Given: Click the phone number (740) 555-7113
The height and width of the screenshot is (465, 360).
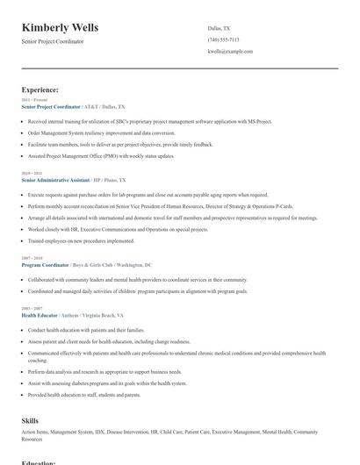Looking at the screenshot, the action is coord(223,39).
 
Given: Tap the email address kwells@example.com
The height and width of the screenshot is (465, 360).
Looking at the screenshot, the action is coord(230,52).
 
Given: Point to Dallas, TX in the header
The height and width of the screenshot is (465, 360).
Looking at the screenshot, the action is coord(220,28).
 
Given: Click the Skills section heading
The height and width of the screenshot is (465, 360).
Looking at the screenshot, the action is coord(30,421).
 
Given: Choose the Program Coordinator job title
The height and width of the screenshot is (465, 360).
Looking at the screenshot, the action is coord(46,264).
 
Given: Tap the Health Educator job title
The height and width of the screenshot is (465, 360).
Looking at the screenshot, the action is coord(40,314).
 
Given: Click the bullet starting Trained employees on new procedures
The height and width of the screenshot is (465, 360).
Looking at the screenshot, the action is coord(81,240).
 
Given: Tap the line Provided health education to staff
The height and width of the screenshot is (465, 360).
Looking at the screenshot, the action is coord(83,395).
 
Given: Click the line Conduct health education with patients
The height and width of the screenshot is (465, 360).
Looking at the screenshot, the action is coord(86,330).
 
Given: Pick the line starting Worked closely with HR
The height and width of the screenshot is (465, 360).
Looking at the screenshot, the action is coord(118,229).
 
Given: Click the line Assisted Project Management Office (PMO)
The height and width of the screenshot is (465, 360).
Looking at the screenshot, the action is coord(101,155).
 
